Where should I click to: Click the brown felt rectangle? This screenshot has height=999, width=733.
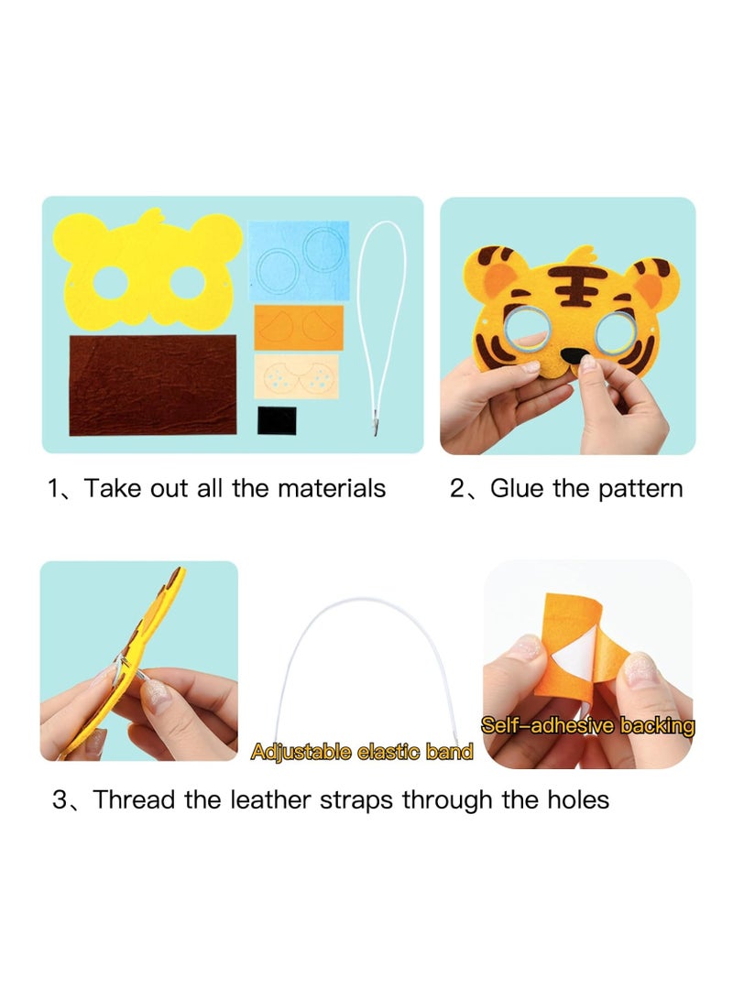[152, 385]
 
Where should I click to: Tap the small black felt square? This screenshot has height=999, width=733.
[277, 420]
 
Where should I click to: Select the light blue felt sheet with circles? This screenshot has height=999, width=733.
[299, 261]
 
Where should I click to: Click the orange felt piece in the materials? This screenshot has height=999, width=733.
[299, 328]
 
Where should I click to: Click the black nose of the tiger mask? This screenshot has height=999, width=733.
[573, 355]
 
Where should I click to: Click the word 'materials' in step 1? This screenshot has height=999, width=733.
[331, 488]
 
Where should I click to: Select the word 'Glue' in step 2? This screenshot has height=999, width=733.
[519, 488]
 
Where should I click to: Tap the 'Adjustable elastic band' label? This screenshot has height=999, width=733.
[362, 753]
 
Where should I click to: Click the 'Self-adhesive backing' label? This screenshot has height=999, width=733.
[588, 726]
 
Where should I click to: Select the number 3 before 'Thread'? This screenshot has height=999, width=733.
[60, 799]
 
